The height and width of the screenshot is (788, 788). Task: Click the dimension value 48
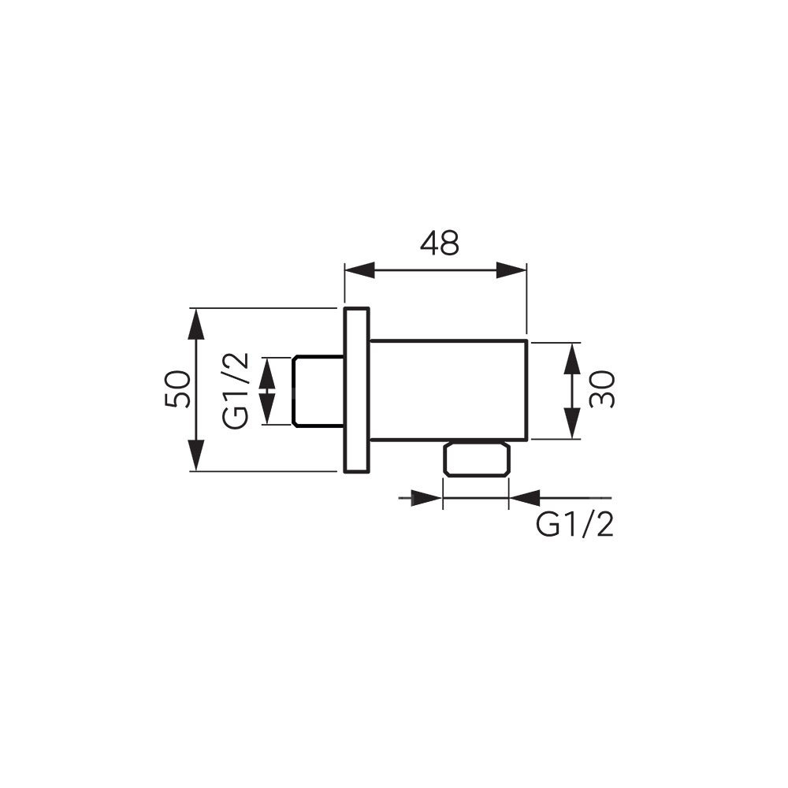pyautogui.click(x=440, y=243)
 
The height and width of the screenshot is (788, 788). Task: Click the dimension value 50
pyautogui.click(x=177, y=389)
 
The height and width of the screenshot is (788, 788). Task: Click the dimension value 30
pyautogui.click(x=603, y=389)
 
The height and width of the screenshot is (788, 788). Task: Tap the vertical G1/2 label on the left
pyautogui.click(x=236, y=391)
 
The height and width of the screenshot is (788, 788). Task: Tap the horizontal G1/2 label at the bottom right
pyautogui.click(x=575, y=526)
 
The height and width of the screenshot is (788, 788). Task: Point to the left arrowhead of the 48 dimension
pyautogui.click(x=360, y=269)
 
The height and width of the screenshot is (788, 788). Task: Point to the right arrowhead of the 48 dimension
pyautogui.click(x=511, y=269)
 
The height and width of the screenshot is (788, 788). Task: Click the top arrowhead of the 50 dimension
pyautogui.click(x=196, y=325)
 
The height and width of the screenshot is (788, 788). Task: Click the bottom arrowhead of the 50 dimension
pyautogui.click(x=196, y=455)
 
